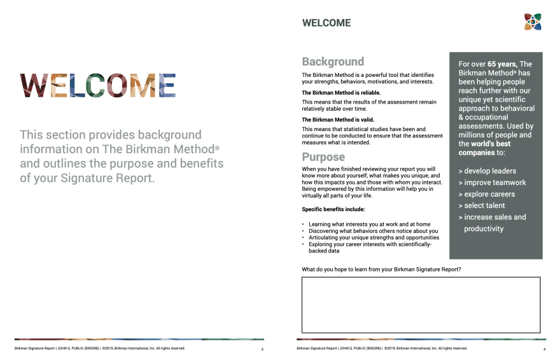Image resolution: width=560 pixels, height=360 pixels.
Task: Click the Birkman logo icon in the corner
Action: click(x=533, y=22)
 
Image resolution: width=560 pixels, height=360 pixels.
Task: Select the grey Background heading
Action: click(x=333, y=62)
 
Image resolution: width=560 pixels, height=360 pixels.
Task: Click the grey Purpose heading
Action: click(x=323, y=157)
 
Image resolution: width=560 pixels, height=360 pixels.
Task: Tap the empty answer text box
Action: click(x=421, y=305)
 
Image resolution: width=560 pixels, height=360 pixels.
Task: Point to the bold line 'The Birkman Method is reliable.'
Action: click(x=341, y=93)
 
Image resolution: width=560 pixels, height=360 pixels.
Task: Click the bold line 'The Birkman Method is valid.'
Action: click(x=338, y=120)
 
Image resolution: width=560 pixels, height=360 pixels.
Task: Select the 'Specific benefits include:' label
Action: click(x=333, y=209)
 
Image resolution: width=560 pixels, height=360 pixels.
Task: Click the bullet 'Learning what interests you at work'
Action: click(x=369, y=225)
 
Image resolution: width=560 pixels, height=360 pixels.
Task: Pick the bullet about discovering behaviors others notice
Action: click(x=373, y=231)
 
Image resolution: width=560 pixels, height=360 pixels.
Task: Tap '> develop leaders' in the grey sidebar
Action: click(x=487, y=171)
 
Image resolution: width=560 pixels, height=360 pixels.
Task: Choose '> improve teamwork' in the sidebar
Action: click(x=492, y=183)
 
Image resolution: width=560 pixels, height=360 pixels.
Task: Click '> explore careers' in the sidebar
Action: click(x=487, y=194)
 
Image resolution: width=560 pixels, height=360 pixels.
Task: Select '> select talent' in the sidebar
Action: click(x=482, y=205)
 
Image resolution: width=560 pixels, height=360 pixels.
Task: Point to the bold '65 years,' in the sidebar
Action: click(x=503, y=64)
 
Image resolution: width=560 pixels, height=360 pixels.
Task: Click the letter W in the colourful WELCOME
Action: click(x=34, y=86)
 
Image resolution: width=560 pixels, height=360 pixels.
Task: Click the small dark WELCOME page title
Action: click(x=326, y=23)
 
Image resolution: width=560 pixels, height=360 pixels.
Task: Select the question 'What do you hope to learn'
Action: click(x=381, y=270)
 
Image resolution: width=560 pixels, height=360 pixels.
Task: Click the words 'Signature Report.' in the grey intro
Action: click(x=108, y=178)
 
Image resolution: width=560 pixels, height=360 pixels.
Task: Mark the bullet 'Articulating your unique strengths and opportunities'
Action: click(x=374, y=238)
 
